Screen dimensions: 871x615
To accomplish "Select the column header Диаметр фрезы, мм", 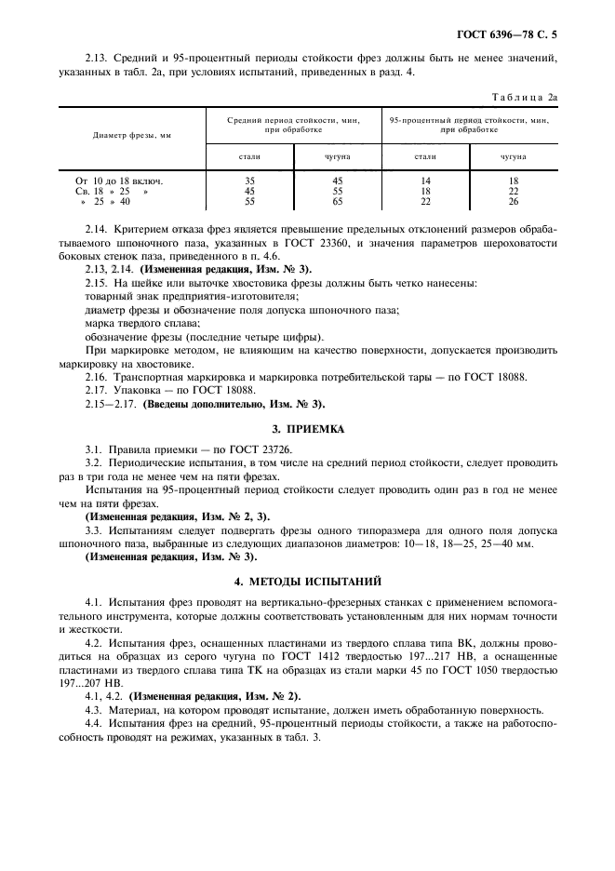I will [132, 135].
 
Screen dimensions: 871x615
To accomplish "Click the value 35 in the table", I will [249, 179].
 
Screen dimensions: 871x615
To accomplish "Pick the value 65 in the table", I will [337, 200].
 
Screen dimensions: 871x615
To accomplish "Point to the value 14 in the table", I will [426, 179].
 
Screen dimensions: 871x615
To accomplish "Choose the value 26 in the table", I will [513, 200].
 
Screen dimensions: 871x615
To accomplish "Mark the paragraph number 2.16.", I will [96, 378].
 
